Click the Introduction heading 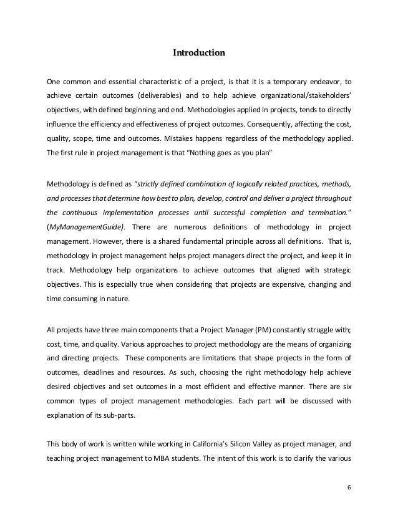(x=199, y=54)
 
